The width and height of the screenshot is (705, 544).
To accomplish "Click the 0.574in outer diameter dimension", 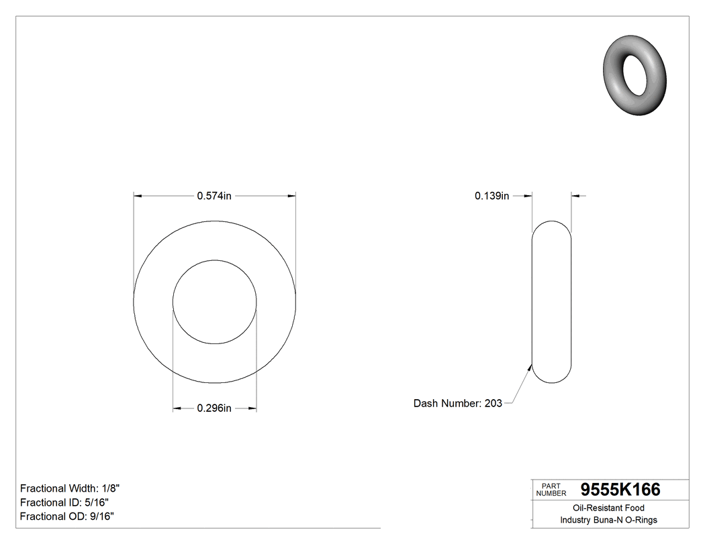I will coord(214,196).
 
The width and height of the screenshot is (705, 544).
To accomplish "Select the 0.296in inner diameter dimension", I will coord(214,408).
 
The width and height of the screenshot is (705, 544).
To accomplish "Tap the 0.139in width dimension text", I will coord(491,196).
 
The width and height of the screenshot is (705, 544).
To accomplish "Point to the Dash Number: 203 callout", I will coord(457,403).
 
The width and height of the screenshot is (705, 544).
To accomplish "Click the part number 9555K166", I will coord(620,490).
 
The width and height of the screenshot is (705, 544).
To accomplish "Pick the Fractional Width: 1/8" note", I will coord(70,488).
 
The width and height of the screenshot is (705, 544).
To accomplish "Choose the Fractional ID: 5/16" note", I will coord(64,502).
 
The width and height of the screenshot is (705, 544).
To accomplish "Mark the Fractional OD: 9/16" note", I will coord(66,516).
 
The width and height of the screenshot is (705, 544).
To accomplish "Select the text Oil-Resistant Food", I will coord(608,508).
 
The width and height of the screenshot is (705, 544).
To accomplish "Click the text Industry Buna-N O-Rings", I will coord(608,520).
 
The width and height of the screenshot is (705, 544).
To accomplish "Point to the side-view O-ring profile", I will coord(551,302).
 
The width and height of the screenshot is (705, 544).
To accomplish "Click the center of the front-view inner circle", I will coord(215,302).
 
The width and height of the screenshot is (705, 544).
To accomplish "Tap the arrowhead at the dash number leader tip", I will coord(531,366).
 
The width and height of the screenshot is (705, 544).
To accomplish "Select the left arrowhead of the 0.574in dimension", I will coord(138,196).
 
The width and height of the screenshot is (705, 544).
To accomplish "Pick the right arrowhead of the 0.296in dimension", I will coord(252,408).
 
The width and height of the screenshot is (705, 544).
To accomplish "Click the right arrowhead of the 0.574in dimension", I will coord(292,196).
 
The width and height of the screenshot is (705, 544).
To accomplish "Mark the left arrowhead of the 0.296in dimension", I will coord(177,408).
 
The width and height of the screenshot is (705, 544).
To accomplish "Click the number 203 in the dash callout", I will coord(493,403).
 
